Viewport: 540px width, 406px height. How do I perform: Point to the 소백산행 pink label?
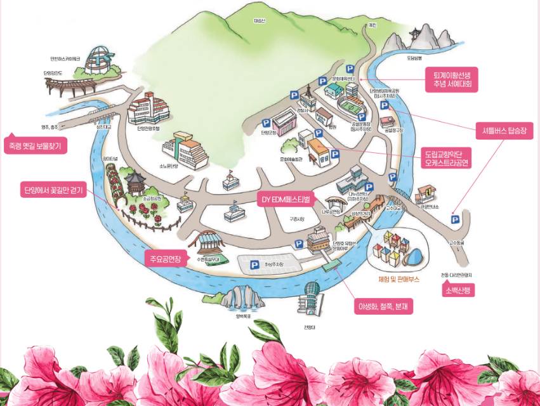[x=458, y=290]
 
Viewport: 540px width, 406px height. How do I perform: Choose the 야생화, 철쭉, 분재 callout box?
[x=384, y=307]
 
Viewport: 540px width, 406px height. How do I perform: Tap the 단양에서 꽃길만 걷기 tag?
[x=53, y=190]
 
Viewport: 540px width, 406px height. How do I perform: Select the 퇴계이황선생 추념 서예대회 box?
[x=452, y=77]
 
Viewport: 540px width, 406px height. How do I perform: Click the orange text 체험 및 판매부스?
[x=394, y=279]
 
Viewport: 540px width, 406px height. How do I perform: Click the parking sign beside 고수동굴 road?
[x=454, y=219]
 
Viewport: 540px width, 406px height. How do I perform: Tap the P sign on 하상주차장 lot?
[x=255, y=265]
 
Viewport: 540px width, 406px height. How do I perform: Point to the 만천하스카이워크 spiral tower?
[x=100, y=62]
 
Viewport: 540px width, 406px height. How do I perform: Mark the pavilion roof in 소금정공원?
[x=135, y=181]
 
